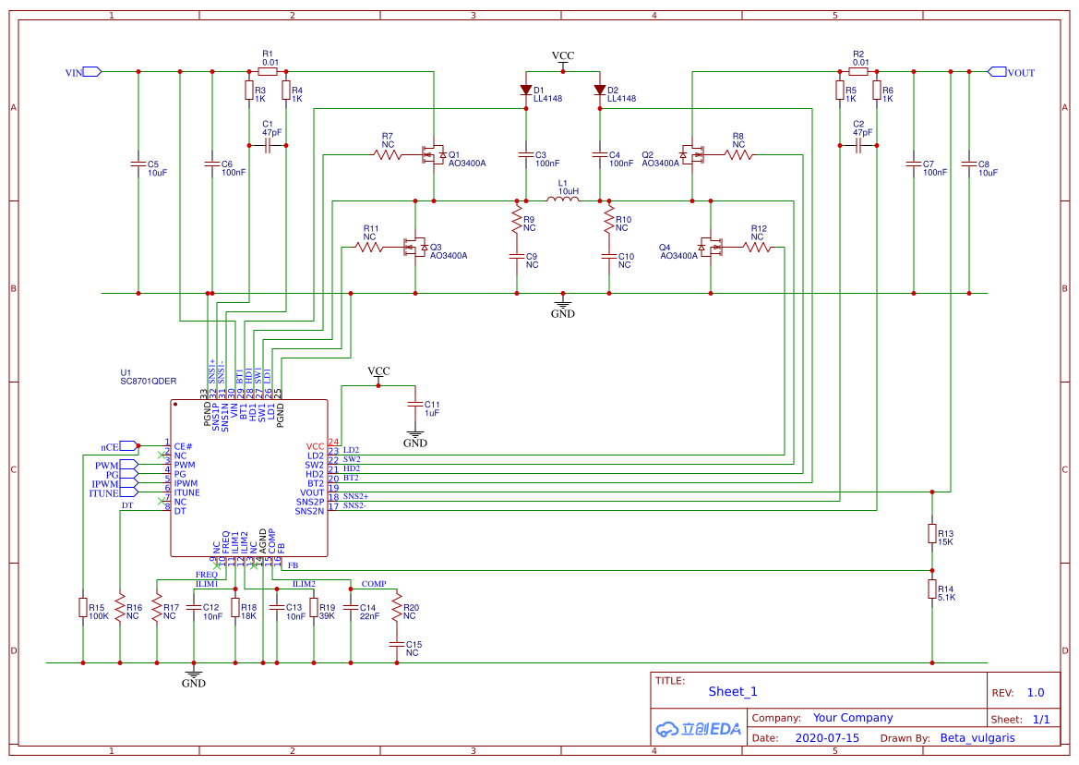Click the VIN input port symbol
[91, 72]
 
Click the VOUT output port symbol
[997, 72]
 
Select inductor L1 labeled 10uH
[562, 200]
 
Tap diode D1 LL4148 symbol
[525, 91]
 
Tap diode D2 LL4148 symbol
[599, 91]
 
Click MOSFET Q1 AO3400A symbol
[430, 154]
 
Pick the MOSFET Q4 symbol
[709, 247]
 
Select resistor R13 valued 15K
[931, 534]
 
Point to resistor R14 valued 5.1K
[931, 589]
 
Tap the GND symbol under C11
[414, 435]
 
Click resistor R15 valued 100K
[82, 607]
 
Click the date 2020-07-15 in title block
[826, 738]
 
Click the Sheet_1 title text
[733, 691]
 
